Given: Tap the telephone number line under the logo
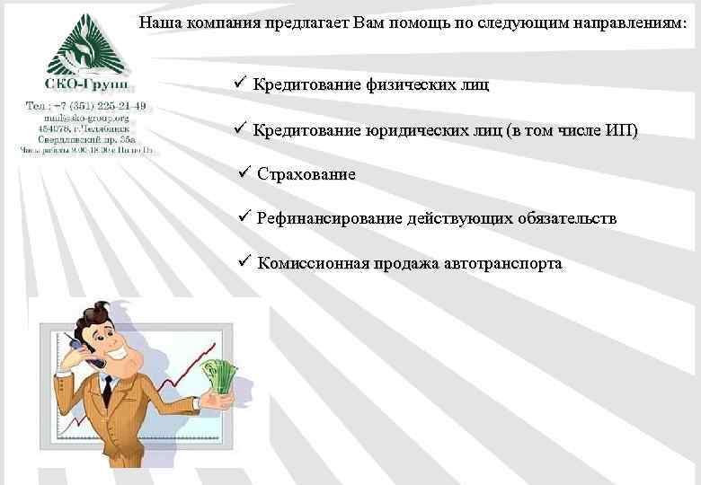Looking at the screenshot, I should pyautogui.click(x=87, y=107).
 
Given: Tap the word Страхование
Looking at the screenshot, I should pyautogui.click(x=306, y=174).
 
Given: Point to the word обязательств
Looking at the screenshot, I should pyautogui.click(x=566, y=218).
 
